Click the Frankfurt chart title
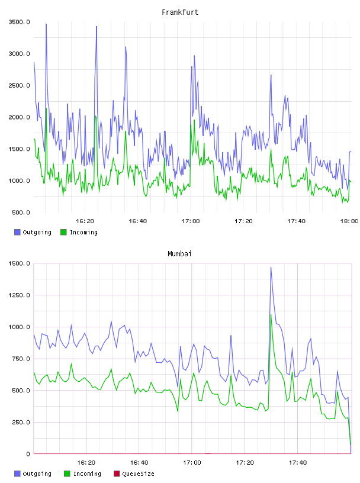coord(180,12)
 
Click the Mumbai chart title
coord(179,254)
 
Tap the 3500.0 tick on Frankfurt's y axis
coord(19,22)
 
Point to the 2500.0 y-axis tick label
coord(19,85)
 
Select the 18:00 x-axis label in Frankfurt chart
coord(349,221)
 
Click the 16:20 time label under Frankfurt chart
coord(85,221)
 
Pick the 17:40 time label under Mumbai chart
coord(297,463)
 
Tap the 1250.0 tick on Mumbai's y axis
coord(19,295)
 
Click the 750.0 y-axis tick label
coord(21,359)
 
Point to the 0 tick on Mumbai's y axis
coord(28,454)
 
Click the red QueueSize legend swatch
coord(117,474)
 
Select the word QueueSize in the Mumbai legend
coord(138,474)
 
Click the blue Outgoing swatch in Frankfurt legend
coord(17,232)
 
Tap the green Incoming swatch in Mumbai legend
coord(67,474)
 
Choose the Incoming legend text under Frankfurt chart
coord(83,232)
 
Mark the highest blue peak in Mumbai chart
coord(271,268)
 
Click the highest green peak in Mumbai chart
coord(271,314)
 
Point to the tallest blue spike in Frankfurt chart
coord(46,24)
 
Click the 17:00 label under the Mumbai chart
coord(192,463)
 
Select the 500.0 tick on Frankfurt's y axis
coord(21,212)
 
